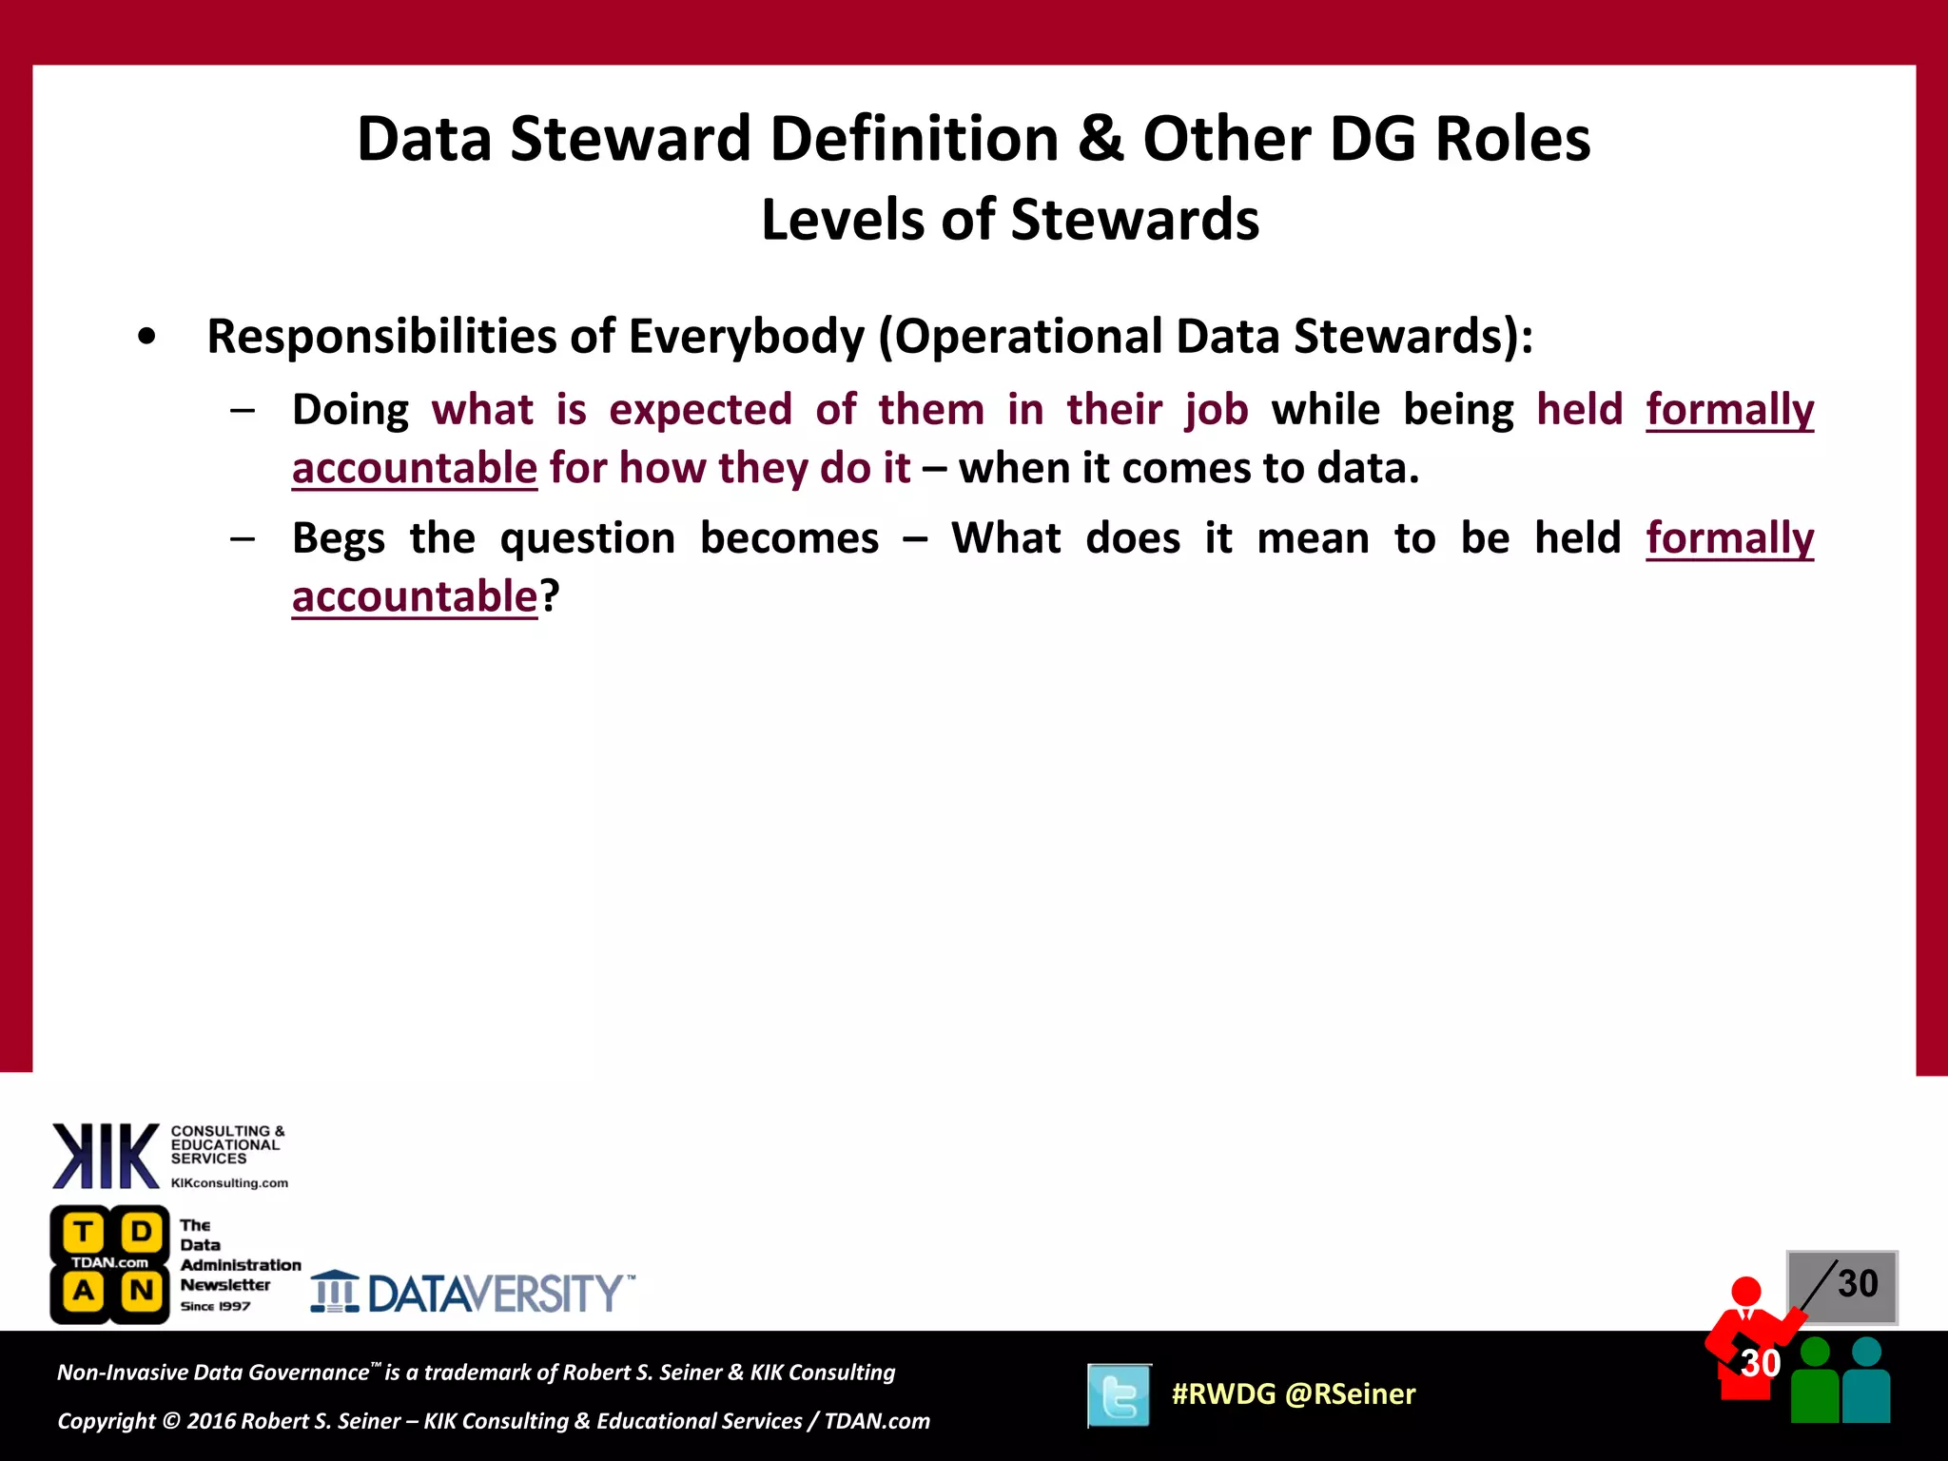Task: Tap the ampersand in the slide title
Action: (1100, 139)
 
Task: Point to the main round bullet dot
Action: (146, 337)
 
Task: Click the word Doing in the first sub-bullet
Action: (350, 410)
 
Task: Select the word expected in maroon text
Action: (700, 410)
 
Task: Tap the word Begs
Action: (338, 538)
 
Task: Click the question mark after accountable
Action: (550, 596)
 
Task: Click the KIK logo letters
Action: (105, 1156)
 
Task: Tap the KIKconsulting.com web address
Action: (229, 1183)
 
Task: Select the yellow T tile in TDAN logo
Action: (83, 1232)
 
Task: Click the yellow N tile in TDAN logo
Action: (142, 1291)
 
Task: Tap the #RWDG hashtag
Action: (1223, 1394)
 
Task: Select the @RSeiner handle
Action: (1350, 1394)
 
